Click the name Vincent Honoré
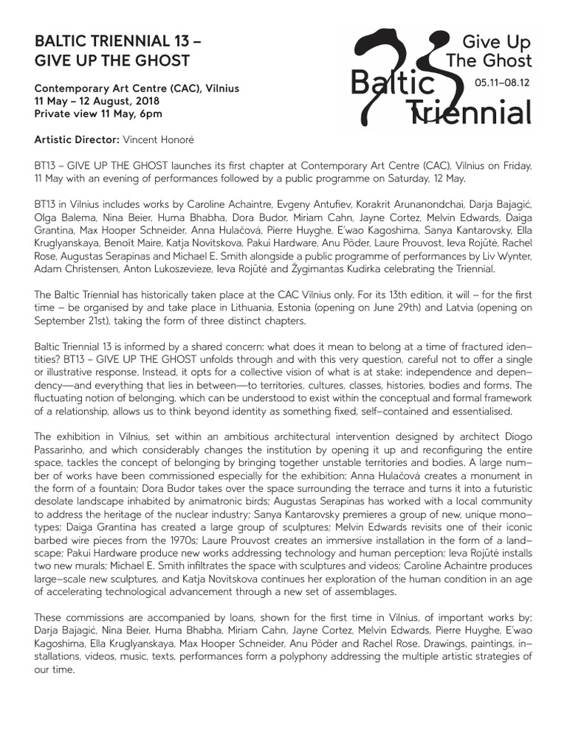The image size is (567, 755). pos(155,139)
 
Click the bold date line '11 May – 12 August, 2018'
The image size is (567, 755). pos(101,101)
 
